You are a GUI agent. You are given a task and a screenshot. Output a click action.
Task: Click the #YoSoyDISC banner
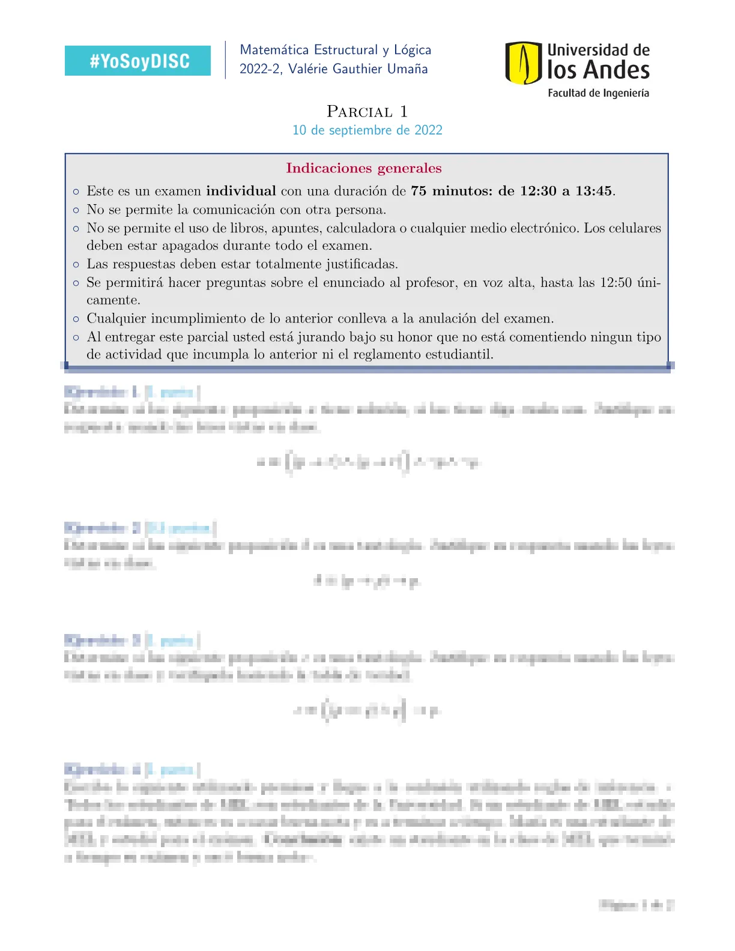pyautogui.click(x=138, y=61)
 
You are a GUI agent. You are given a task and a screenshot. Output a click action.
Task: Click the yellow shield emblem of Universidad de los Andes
pyautogui.click(x=523, y=62)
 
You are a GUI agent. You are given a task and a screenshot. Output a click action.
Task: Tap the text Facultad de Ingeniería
pyautogui.click(x=598, y=93)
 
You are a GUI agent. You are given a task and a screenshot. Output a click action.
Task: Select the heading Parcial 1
pyautogui.click(x=367, y=112)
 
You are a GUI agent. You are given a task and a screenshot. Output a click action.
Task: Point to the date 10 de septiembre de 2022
pyautogui.click(x=367, y=130)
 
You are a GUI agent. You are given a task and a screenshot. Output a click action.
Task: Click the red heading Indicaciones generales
pyautogui.click(x=363, y=168)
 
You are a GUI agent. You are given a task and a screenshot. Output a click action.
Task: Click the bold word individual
pyautogui.click(x=241, y=191)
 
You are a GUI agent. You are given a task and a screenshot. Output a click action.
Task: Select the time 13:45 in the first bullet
pyautogui.click(x=593, y=191)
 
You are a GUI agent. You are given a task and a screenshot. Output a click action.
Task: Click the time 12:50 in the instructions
pyautogui.click(x=616, y=283)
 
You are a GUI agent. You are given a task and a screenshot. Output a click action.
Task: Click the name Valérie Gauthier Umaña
pyautogui.click(x=358, y=69)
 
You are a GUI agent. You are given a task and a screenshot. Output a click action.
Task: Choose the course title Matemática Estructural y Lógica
pyautogui.click(x=335, y=50)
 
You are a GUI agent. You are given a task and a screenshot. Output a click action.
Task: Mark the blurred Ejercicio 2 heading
pyautogui.click(x=102, y=528)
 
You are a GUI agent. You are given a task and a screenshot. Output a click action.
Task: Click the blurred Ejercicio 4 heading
pyautogui.click(x=102, y=769)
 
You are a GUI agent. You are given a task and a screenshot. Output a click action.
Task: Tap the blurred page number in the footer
pyautogui.click(x=636, y=905)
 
